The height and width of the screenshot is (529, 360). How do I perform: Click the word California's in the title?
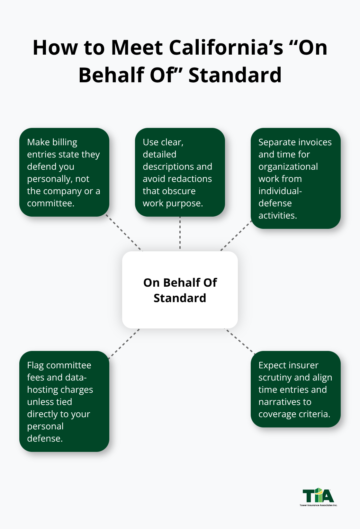click(226, 48)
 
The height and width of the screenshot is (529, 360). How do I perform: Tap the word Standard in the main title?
click(235, 75)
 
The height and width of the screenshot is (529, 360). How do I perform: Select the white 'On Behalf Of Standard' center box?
click(180, 290)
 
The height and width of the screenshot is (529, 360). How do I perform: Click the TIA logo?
click(318, 496)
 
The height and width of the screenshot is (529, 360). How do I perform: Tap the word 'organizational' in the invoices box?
click(288, 167)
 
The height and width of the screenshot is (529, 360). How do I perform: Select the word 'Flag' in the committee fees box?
click(35, 365)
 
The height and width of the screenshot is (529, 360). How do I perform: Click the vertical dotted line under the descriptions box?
click(180, 233)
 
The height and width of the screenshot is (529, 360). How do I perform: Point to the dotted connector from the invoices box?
click(236, 236)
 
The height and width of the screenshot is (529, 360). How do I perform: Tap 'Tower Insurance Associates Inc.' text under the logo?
click(318, 505)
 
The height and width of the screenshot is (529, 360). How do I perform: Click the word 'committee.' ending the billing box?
click(50, 203)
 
